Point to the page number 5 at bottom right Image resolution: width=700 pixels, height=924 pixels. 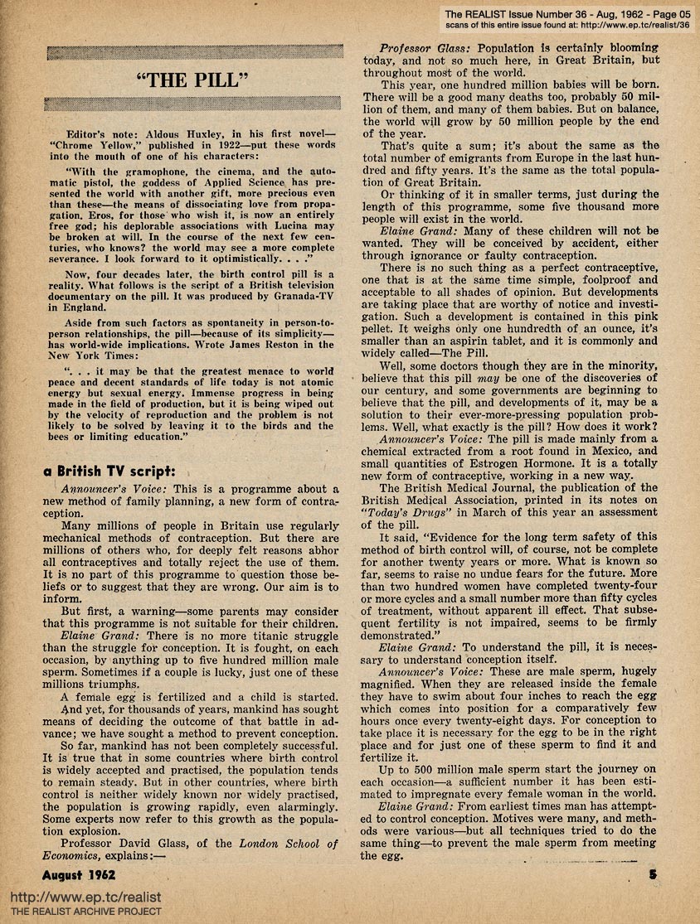click(653, 873)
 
